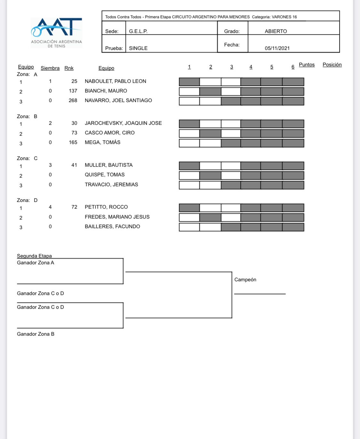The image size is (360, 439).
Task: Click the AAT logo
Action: tap(56, 33)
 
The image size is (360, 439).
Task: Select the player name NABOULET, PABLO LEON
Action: tap(115, 81)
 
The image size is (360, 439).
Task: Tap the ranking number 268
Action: tap(73, 100)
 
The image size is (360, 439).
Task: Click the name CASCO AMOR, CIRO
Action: tap(109, 132)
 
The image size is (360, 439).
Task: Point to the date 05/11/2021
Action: tap(277, 48)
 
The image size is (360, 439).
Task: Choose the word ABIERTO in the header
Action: tap(276, 31)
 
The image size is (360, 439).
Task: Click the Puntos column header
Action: tap(307, 65)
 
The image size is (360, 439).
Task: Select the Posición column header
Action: tap(332, 65)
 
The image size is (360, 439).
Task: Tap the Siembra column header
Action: tap(50, 68)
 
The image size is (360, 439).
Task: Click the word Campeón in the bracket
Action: tap(245, 280)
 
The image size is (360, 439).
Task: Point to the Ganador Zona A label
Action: tap(36, 263)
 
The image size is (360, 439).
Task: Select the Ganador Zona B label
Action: tap(36, 334)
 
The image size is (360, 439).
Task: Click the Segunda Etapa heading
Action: tap(34, 256)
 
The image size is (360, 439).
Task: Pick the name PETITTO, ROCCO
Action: tap(106, 207)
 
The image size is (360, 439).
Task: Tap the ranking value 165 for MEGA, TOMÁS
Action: tap(73, 142)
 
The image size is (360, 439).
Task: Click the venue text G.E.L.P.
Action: tap(138, 31)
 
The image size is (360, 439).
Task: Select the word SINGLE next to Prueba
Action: tap(138, 48)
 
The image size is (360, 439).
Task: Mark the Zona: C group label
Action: tap(27, 158)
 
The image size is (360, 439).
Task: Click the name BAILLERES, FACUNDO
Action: tap(112, 227)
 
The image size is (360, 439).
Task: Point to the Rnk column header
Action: tap(69, 68)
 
